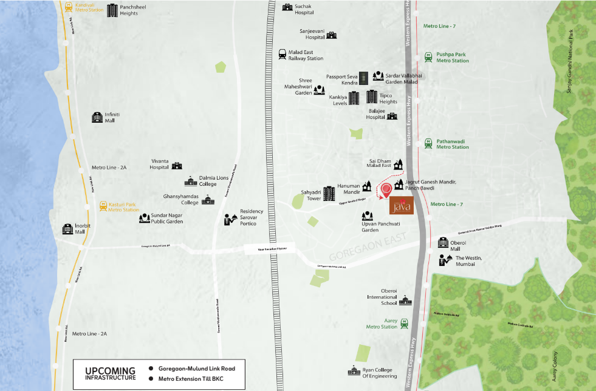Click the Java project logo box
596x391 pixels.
coord(402,206)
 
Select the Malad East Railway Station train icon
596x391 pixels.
coord(283,55)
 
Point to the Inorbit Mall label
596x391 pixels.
coord(84,228)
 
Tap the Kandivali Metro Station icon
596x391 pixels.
coord(68,5)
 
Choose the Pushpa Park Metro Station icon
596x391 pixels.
coord(429,57)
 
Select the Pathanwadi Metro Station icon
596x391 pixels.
coord(429,143)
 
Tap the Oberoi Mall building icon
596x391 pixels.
coord(442,243)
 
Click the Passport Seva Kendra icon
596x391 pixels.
coord(363,77)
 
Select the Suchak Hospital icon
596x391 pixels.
coord(287,7)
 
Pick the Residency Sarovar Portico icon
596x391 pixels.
coord(230,218)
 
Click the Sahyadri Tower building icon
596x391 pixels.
coord(329,194)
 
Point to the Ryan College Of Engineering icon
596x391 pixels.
coord(354,370)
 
